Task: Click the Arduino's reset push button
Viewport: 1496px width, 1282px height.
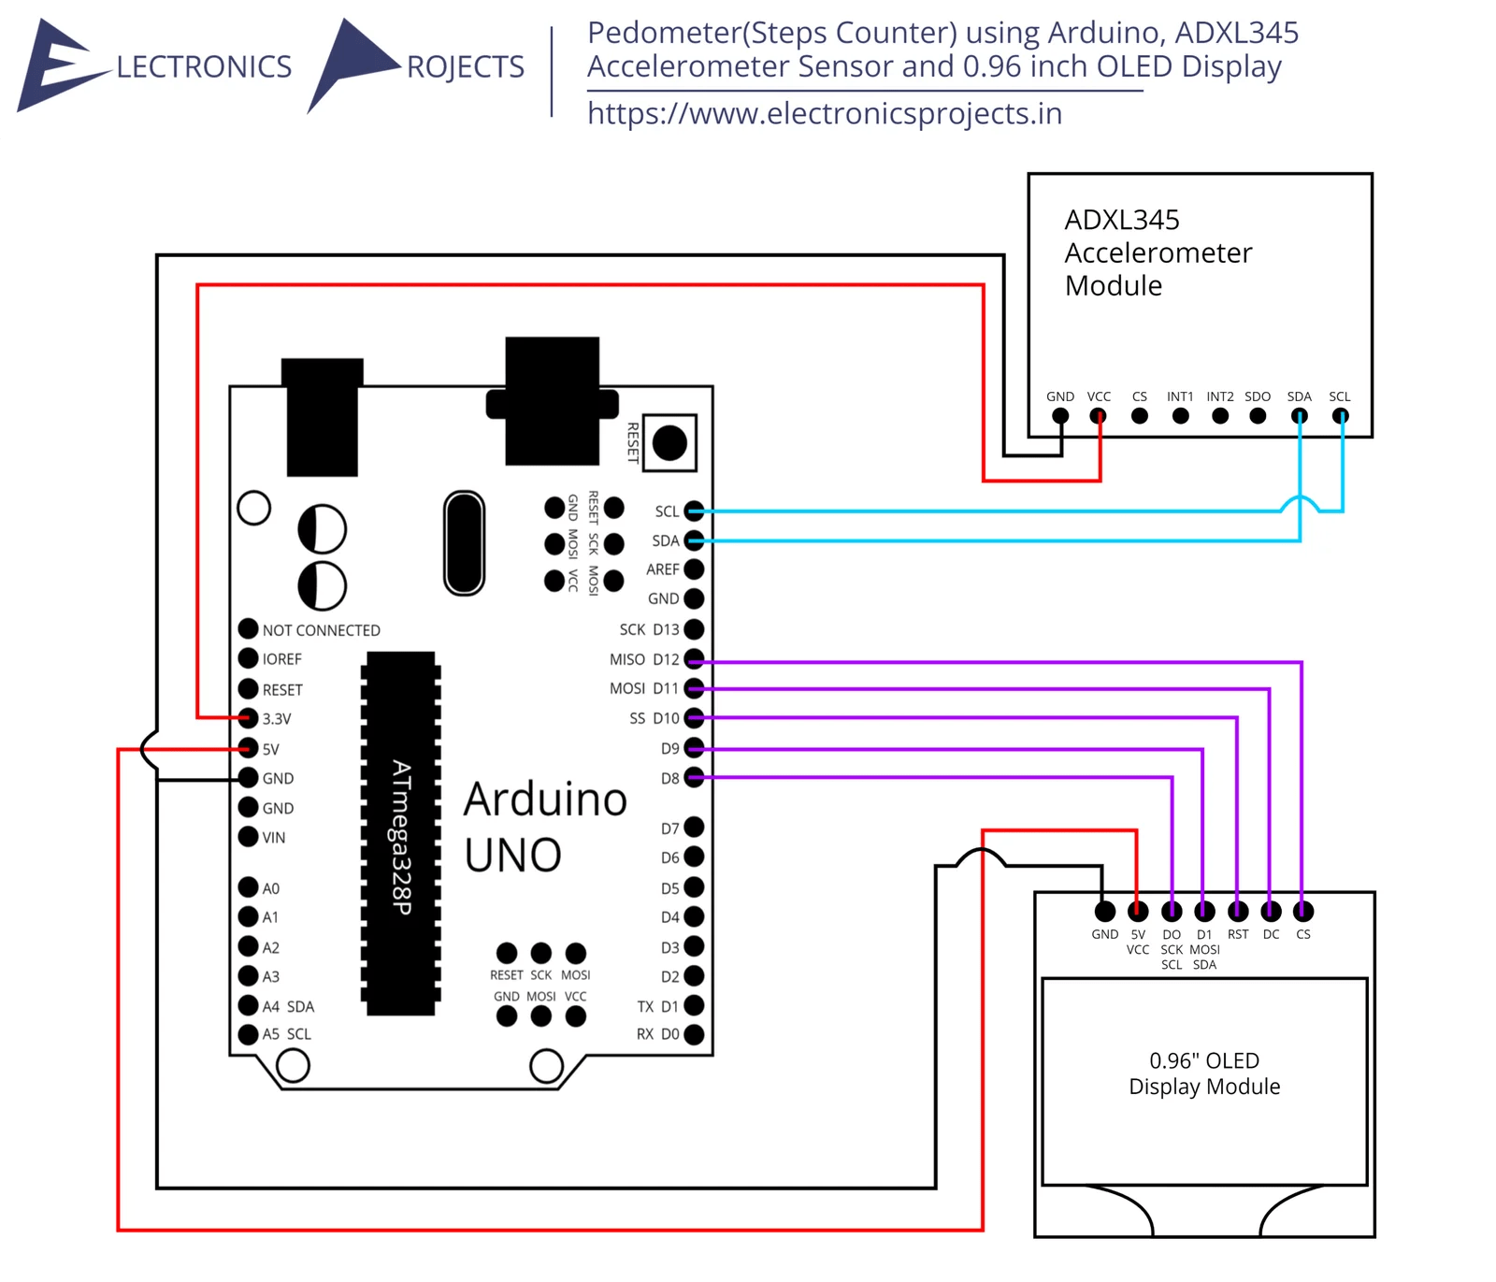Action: pos(669,442)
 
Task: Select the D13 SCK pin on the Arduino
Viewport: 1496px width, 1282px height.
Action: pos(694,629)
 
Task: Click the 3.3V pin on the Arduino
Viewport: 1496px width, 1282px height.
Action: pos(248,718)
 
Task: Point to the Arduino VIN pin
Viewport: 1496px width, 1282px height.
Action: pos(248,836)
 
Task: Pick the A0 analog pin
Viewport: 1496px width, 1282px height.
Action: pos(248,886)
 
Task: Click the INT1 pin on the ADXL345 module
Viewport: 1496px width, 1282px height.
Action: pos(1180,416)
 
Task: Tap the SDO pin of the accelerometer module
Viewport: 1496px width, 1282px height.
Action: pos(1258,416)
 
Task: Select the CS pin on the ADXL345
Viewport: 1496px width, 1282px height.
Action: pos(1139,416)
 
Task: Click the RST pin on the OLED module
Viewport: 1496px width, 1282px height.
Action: pos(1238,911)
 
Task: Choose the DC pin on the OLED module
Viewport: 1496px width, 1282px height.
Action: pos(1271,911)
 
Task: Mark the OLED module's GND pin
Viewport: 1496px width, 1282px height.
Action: pos(1105,911)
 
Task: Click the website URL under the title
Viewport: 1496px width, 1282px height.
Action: pos(824,113)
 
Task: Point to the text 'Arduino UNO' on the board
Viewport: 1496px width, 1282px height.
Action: pos(545,827)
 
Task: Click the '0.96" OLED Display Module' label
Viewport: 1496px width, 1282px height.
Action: pos(1204,1073)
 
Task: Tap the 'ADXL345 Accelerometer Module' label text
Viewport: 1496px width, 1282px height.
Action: pos(1158,252)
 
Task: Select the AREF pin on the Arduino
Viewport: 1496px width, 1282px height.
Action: pos(694,569)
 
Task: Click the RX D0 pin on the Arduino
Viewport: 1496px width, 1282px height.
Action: pos(694,1034)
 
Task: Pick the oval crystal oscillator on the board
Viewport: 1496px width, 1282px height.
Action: pos(464,543)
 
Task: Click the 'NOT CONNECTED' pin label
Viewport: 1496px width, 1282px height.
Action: pos(321,630)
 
